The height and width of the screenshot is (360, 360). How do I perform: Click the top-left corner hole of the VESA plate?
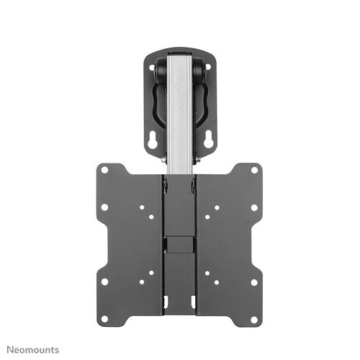click(104, 171)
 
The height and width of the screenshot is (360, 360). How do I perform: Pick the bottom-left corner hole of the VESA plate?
click(104, 281)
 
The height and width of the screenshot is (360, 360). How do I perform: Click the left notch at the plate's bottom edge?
click(167, 298)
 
